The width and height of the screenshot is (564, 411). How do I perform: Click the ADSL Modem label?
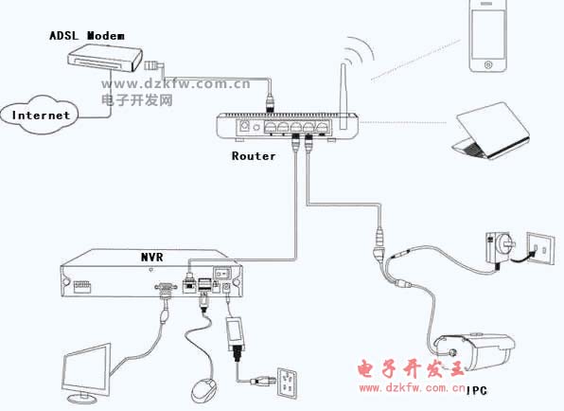87,36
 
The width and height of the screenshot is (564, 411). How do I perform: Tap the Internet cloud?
40,115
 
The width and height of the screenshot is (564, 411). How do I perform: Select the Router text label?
254,156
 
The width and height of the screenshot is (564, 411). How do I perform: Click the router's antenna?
344,97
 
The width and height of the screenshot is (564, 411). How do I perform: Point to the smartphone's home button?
488,64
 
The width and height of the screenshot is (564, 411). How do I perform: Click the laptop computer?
491,131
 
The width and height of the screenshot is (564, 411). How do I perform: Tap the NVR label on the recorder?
151,257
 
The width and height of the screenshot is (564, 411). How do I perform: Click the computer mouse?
204,390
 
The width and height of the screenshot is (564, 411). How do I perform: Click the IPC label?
477,390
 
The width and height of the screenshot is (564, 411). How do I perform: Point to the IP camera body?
474,352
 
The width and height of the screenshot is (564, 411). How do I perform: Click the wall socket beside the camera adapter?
540,248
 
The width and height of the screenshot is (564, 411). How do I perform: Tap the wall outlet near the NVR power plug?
287,383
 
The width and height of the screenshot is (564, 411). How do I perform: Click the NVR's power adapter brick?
236,334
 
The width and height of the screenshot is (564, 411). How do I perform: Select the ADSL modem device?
105,58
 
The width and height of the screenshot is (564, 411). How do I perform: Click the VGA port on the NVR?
166,287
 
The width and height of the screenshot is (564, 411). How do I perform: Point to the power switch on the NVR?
222,273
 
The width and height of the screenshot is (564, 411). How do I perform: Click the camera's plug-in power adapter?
499,249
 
